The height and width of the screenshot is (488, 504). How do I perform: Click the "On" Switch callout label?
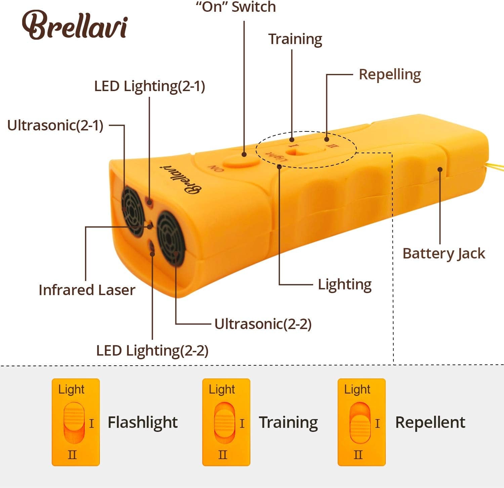pyautogui.click(x=236, y=7)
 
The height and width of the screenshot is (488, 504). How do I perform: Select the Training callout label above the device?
pyautogui.click(x=295, y=39)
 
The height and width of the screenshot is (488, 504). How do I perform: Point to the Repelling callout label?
pyautogui.click(x=390, y=75)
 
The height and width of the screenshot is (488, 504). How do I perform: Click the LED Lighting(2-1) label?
pyautogui.click(x=150, y=86)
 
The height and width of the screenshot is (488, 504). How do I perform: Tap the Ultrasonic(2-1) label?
pyautogui.click(x=55, y=125)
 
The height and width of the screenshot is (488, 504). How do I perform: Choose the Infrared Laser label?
pyautogui.click(x=87, y=290)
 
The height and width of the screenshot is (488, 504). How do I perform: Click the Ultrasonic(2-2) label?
pyautogui.click(x=263, y=324)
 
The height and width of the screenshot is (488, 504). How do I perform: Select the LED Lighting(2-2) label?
pyautogui.click(x=152, y=351)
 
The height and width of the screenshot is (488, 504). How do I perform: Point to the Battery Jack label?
pyautogui.click(x=444, y=253)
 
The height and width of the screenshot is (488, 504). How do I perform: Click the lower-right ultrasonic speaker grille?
pyautogui.click(x=171, y=238)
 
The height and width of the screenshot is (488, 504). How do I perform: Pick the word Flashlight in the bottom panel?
pyautogui.click(x=142, y=422)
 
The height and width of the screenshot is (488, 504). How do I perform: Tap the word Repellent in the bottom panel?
pyautogui.click(x=430, y=422)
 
